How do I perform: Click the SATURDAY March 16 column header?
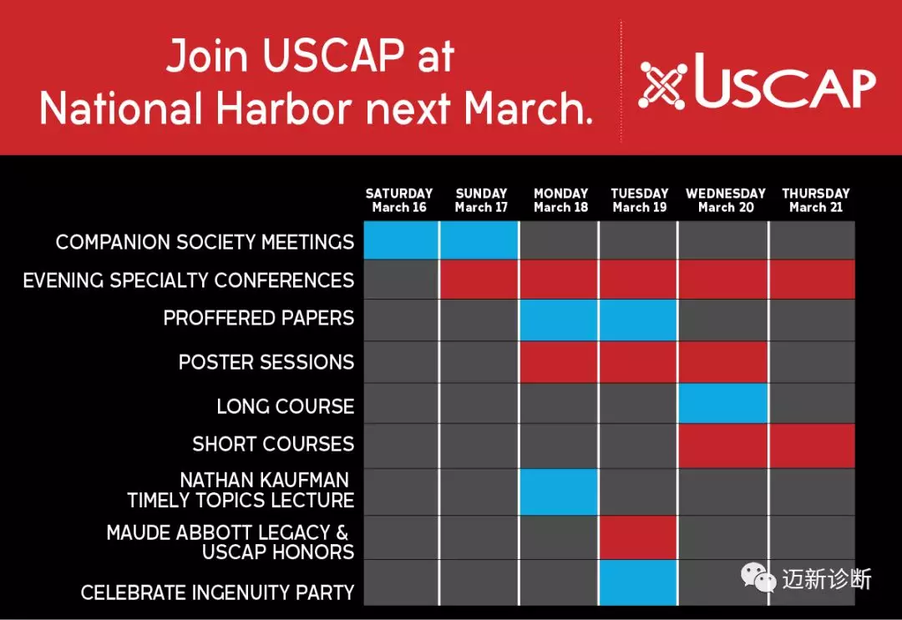[x=398, y=200]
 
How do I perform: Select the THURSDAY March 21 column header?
[x=816, y=200]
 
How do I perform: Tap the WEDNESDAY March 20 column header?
[x=726, y=200]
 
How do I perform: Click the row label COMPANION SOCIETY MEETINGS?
[x=205, y=242]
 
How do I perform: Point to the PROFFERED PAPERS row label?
[x=258, y=318]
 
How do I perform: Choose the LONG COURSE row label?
[x=286, y=406]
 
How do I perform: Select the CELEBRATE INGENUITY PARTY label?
[x=217, y=592]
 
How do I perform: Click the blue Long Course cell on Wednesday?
[x=723, y=403]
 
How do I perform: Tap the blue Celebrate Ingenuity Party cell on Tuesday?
[x=638, y=582]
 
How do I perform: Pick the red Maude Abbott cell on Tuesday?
[x=638, y=537]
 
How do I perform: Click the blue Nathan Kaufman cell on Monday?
[x=559, y=491]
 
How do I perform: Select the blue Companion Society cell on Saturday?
[x=401, y=240]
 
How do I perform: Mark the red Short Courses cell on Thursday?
[x=813, y=446]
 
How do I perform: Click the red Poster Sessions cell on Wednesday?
[x=723, y=362]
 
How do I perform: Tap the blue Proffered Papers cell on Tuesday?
[x=638, y=320]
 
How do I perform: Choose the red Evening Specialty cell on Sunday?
[x=479, y=280]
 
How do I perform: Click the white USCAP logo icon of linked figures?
[x=662, y=86]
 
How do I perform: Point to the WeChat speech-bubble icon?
[x=758, y=577]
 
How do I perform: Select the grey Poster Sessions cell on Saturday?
[x=401, y=362]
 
